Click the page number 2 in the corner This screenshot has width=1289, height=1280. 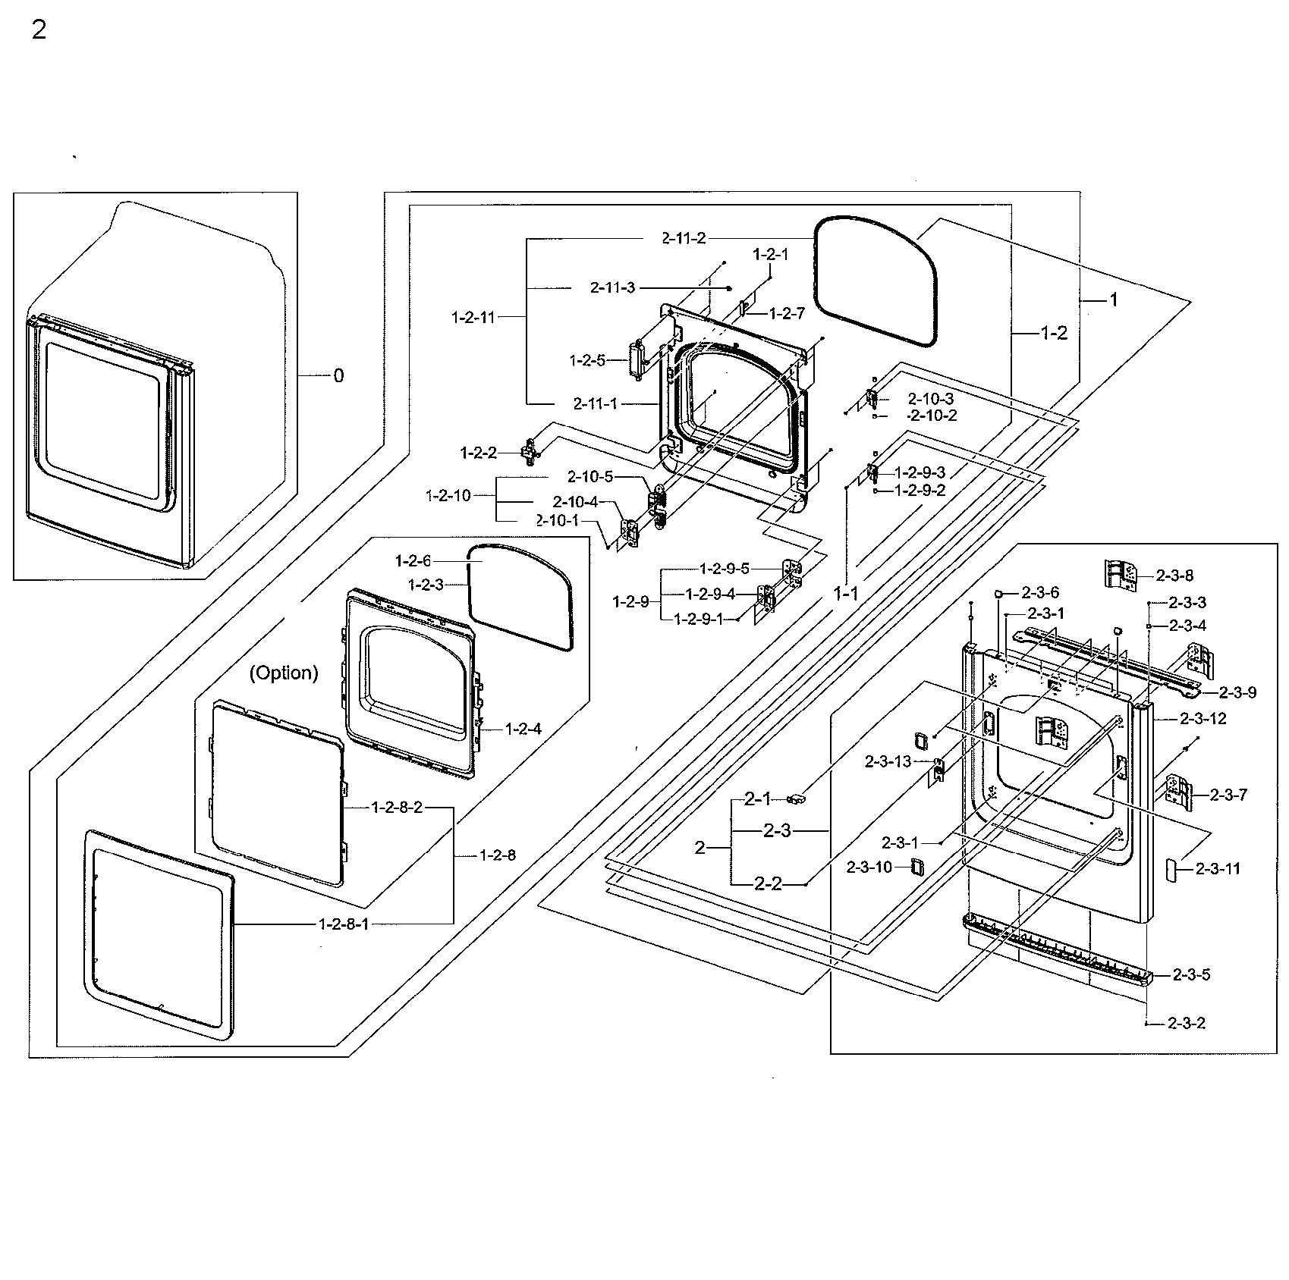pos(39,31)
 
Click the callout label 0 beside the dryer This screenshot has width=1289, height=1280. pos(338,376)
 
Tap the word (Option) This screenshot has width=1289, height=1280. pos(284,673)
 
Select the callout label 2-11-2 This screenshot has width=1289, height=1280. pos(683,238)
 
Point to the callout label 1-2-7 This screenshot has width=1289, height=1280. pos(787,313)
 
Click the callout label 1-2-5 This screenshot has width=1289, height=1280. pos(588,361)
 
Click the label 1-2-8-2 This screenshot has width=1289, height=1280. pos(397,808)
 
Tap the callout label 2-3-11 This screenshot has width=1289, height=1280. pos(1218,869)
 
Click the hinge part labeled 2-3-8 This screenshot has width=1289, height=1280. pos(1121,574)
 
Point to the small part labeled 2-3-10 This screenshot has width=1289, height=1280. pos(916,867)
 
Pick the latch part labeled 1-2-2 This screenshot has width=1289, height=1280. pos(530,452)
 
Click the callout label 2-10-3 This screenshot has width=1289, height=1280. pos(931,399)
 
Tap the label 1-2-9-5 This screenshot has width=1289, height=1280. pos(725,568)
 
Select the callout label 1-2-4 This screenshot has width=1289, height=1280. pos(523,729)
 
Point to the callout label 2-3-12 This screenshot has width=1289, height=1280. pos(1203,718)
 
